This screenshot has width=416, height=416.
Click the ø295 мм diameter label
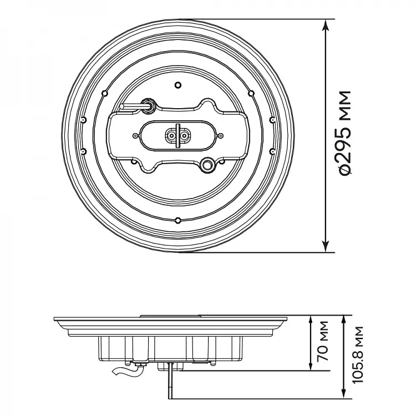click(345, 133)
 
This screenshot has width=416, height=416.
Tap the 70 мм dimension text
click(323, 341)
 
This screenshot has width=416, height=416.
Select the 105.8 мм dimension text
click(357, 355)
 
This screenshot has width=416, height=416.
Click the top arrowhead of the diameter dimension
click(326, 24)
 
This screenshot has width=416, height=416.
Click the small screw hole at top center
click(178, 85)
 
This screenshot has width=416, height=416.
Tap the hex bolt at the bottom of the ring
click(177, 220)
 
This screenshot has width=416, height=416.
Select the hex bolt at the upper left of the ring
click(105, 93)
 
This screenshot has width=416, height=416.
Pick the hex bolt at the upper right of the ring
click(251, 93)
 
